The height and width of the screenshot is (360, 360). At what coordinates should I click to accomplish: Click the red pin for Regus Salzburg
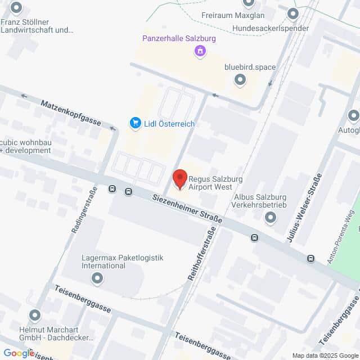[179, 179]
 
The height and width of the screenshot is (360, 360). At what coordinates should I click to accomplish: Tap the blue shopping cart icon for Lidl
[135, 123]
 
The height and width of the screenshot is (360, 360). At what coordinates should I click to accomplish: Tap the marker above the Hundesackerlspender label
[292, 14]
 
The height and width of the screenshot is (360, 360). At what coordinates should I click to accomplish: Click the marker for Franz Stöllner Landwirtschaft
[16, 8]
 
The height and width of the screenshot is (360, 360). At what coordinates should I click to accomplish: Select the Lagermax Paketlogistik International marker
[97, 278]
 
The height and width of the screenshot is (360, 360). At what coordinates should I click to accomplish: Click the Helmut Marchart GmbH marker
[35, 316]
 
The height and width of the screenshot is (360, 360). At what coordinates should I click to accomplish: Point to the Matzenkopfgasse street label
[71, 113]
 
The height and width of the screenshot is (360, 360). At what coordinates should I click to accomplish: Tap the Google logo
[19, 353]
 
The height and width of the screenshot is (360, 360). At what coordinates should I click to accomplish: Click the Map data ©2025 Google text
[325, 355]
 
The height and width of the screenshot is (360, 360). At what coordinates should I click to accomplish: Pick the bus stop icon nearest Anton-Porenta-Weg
[310, 259]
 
